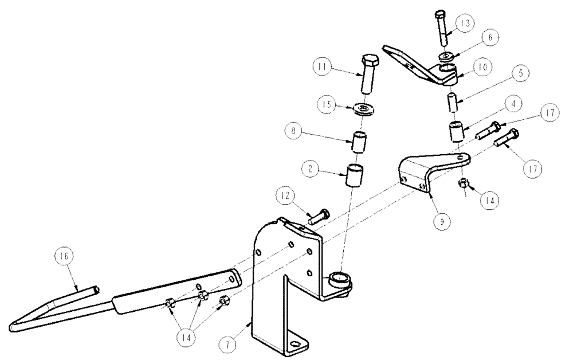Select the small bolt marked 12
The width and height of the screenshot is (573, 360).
click(318, 217)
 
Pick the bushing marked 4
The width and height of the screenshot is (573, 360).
click(456, 131)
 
